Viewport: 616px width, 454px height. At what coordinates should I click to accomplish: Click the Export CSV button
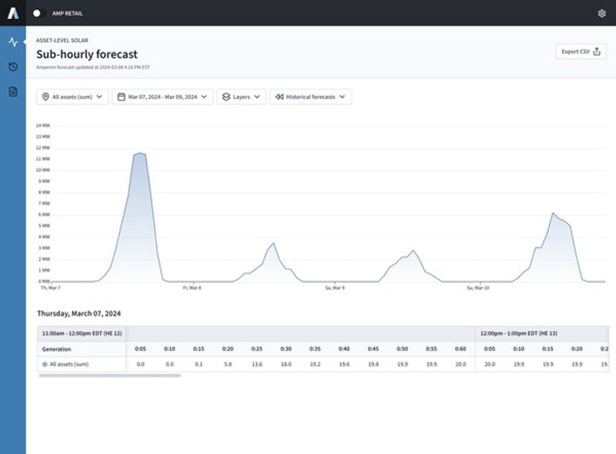[580, 52]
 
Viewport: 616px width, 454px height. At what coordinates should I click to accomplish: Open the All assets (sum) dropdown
[72, 97]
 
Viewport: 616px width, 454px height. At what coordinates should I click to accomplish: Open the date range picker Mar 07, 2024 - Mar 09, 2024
[162, 97]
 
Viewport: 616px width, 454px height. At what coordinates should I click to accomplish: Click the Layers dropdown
[241, 97]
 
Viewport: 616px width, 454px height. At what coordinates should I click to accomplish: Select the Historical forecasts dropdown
[310, 97]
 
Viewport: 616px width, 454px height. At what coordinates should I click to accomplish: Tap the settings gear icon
[601, 13]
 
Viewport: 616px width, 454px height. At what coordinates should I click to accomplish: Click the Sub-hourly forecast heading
[87, 54]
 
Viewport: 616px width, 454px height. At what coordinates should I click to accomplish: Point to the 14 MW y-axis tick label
[42, 126]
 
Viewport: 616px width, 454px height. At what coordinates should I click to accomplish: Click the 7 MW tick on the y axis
[44, 203]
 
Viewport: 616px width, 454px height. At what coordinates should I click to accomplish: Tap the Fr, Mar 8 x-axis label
[192, 288]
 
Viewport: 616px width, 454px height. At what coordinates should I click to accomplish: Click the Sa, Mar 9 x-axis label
[334, 288]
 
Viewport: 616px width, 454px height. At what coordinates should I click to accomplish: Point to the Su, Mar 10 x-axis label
[477, 288]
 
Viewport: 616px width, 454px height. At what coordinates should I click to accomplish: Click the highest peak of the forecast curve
[139, 153]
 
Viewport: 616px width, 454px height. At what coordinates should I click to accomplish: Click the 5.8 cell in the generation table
[228, 364]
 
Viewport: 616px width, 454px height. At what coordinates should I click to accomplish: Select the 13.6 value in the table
[257, 364]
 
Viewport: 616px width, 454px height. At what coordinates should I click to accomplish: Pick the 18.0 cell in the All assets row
[286, 364]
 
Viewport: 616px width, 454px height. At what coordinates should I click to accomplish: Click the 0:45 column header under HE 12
[373, 349]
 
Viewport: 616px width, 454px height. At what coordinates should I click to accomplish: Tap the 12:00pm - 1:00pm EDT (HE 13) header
[518, 334]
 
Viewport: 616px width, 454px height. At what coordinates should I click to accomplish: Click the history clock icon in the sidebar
[13, 67]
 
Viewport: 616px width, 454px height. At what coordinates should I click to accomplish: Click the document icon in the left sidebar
[13, 91]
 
